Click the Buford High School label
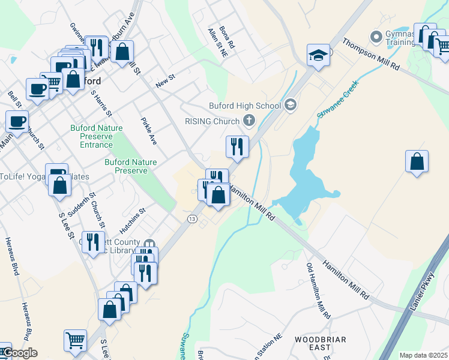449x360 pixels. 244,106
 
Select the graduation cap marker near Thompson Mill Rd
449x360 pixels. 318,56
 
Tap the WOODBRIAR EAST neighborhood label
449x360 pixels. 320,343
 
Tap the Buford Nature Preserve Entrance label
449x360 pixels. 96,136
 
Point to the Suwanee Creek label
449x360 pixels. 337,98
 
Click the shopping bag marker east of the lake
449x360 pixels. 417,161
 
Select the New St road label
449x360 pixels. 164,81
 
